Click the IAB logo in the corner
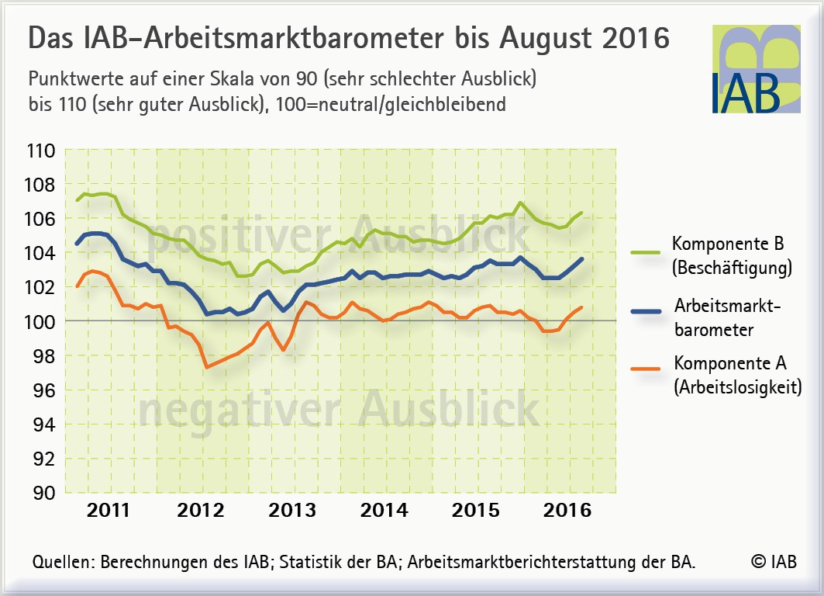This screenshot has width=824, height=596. [757, 69]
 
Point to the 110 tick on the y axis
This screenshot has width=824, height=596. [40, 151]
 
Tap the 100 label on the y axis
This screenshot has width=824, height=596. [40, 322]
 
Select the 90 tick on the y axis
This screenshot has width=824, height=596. [44, 493]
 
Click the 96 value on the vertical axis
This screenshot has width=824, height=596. [44, 390]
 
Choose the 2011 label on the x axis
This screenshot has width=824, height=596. [109, 511]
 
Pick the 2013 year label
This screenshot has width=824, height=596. [292, 511]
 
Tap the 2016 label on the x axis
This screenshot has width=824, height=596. [567, 511]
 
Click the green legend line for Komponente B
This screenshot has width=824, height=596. [646, 253]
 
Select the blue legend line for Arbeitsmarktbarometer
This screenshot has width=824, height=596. [646, 312]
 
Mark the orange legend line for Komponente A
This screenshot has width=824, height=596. [646, 369]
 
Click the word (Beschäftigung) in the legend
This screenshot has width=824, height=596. [732, 268]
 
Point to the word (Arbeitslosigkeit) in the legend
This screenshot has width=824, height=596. [738, 387]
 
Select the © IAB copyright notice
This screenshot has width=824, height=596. [774, 561]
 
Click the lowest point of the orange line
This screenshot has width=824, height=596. [207, 367]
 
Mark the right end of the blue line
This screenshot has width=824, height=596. [581, 259]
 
